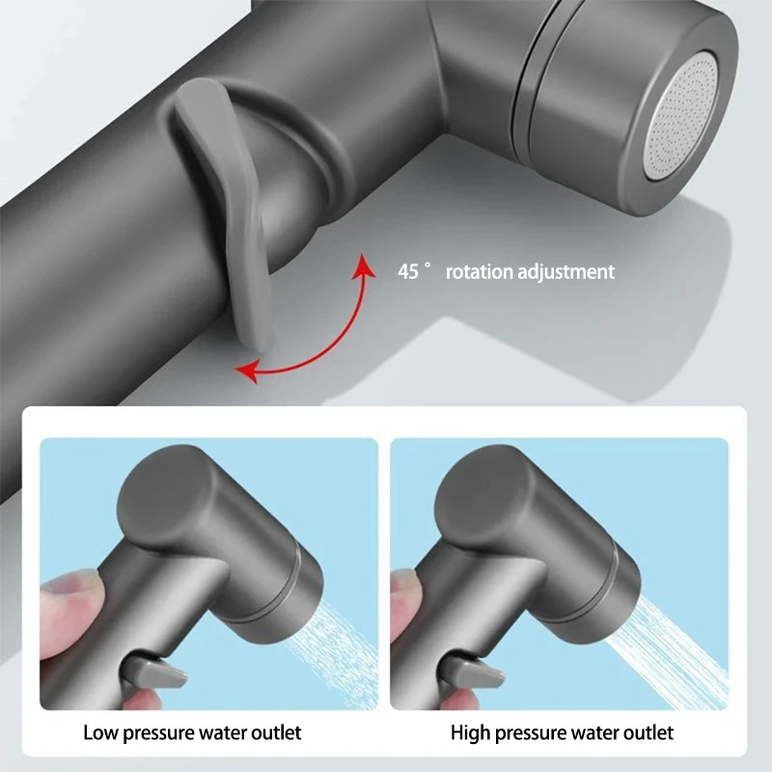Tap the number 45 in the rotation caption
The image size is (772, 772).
(408, 272)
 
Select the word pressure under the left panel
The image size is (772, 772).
(167, 732)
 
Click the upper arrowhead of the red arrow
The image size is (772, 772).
(364, 263)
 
